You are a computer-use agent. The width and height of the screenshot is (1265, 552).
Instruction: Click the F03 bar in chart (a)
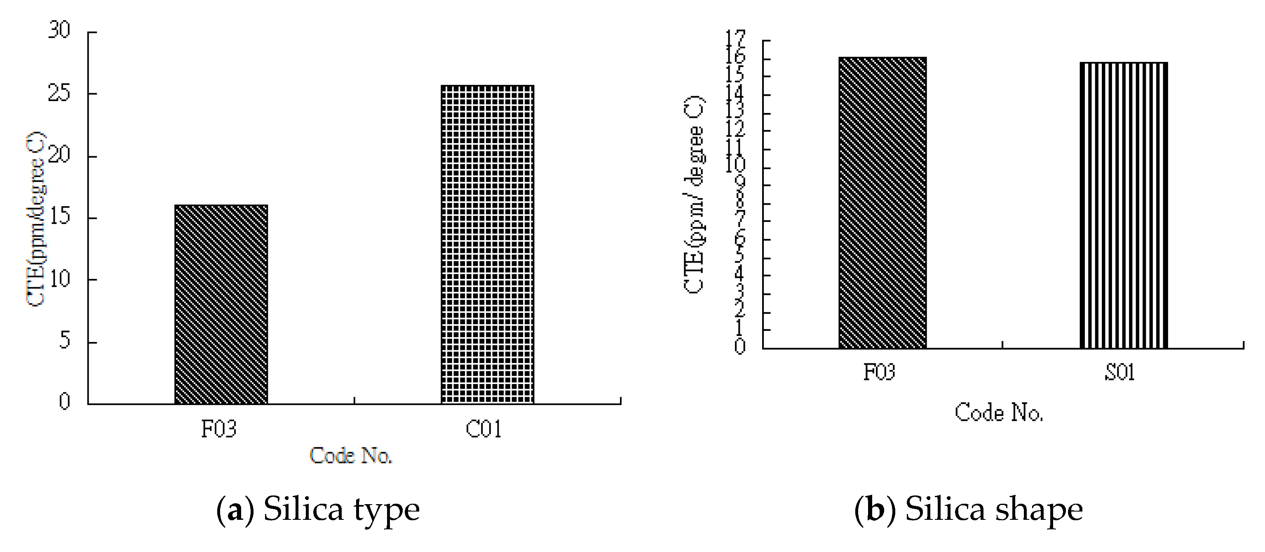click(221, 305)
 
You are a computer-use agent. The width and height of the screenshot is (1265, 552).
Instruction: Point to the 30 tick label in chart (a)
click(59, 31)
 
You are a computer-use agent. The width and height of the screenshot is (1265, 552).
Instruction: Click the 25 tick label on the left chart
click(59, 93)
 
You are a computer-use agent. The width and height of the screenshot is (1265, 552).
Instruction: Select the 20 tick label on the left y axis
click(59, 155)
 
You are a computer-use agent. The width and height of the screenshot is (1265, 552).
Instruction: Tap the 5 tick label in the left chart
click(64, 341)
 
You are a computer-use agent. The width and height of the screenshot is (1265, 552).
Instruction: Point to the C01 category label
click(484, 429)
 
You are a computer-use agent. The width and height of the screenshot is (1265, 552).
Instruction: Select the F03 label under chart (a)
click(219, 429)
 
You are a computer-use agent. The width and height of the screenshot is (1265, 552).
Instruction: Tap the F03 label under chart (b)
click(879, 373)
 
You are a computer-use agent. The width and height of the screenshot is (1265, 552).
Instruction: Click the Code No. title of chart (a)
click(351, 455)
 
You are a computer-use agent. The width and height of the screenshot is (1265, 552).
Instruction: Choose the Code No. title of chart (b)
click(999, 413)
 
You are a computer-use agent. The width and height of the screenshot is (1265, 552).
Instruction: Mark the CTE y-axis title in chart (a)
click(35, 219)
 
